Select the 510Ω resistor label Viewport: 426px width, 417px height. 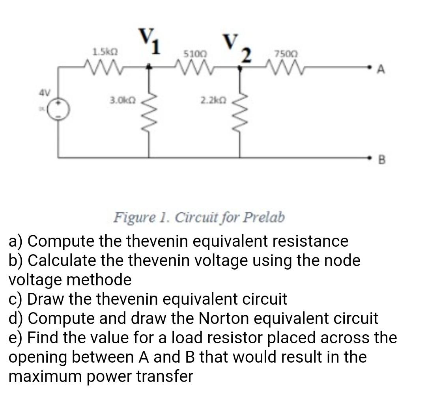(192, 52)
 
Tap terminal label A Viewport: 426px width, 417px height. (381, 70)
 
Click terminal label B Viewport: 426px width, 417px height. (381, 160)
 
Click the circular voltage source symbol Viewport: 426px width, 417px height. (59, 109)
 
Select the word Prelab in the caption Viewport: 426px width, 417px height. (263, 217)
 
